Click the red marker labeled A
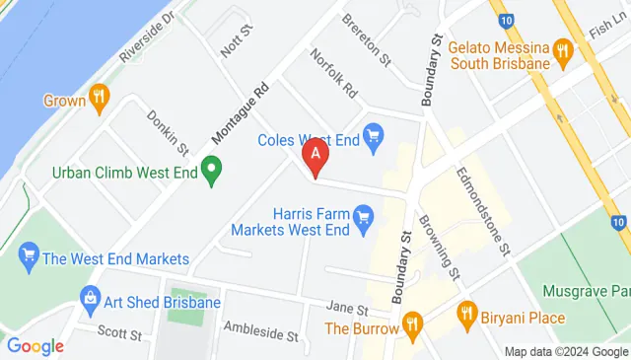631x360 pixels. pos(315,156)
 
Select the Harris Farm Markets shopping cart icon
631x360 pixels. pos(363,213)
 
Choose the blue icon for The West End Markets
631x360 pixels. pos(28,258)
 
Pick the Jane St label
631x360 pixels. pos(348,308)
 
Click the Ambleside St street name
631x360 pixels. pos(261,329)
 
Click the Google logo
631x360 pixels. pos(35,346)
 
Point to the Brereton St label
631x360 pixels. pos(368,37)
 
